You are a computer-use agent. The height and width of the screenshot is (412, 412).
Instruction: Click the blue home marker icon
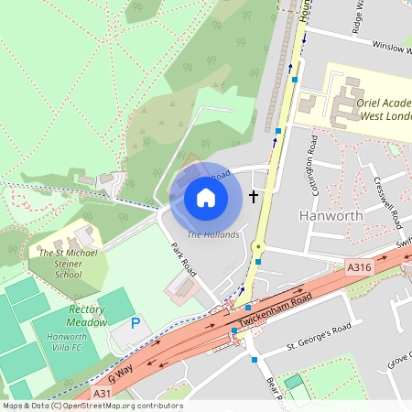click(206, 197)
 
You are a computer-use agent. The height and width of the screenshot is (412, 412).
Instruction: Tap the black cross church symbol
click(255, 197)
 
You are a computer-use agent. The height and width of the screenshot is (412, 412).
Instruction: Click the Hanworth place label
click(331, 216)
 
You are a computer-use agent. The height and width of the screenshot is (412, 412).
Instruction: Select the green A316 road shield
click(358, 267)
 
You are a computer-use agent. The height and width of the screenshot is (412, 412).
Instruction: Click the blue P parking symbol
click(136, 323)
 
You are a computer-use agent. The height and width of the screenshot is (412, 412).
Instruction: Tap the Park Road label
click(184, 259)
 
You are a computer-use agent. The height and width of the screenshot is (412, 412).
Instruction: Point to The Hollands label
click(213, 235)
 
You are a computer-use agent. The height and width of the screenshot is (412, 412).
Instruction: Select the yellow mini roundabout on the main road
click(259, 246)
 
